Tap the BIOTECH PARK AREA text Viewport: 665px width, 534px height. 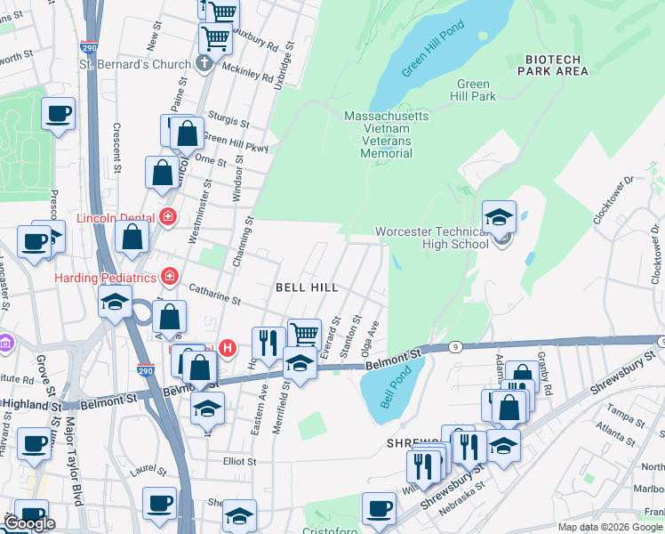point(549,65)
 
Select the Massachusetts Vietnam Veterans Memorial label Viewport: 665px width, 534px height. point(386,134)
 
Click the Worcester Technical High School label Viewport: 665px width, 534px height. point(431,238)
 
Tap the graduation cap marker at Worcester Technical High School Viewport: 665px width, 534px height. point(500,217)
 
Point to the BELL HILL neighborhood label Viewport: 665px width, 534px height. point(306,287)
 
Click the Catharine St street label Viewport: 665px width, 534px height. point(213,297)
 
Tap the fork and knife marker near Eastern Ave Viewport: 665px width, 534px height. point(268,342)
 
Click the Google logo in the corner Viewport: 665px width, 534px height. point(28,523)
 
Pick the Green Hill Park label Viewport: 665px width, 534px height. point(472,90)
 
